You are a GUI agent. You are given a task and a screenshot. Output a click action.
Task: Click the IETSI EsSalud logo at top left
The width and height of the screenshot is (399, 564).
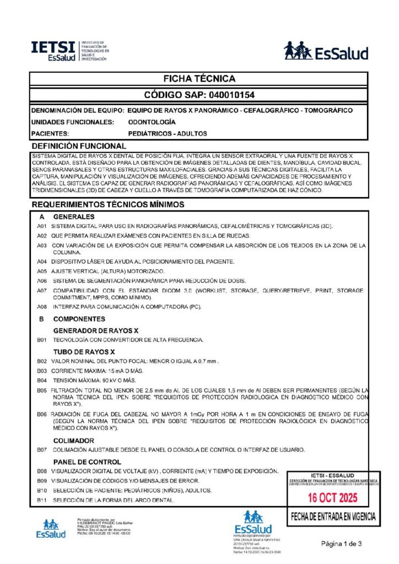70,51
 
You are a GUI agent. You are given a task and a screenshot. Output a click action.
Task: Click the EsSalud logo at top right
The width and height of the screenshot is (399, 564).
326,51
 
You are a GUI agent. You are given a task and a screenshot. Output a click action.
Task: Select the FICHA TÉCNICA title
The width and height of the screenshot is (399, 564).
199,79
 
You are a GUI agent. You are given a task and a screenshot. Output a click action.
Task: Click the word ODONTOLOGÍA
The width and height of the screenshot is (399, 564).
152,122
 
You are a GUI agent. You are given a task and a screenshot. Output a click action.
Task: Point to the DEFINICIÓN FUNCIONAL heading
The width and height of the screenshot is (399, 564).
79,146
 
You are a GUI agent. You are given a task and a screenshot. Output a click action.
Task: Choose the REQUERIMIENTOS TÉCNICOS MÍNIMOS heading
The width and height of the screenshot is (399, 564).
107,204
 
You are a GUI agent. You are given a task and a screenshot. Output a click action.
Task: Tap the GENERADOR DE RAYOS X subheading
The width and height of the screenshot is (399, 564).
96,330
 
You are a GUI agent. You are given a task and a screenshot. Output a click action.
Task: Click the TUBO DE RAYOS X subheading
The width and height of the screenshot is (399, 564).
84,351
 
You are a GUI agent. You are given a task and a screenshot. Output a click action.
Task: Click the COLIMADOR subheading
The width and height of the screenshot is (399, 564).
73,441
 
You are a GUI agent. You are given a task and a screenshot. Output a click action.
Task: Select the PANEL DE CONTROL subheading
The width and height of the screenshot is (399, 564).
87,462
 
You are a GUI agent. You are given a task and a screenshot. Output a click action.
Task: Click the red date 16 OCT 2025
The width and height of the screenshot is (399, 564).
332,498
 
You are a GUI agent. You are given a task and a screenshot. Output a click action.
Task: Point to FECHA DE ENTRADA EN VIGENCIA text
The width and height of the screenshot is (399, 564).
333,517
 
